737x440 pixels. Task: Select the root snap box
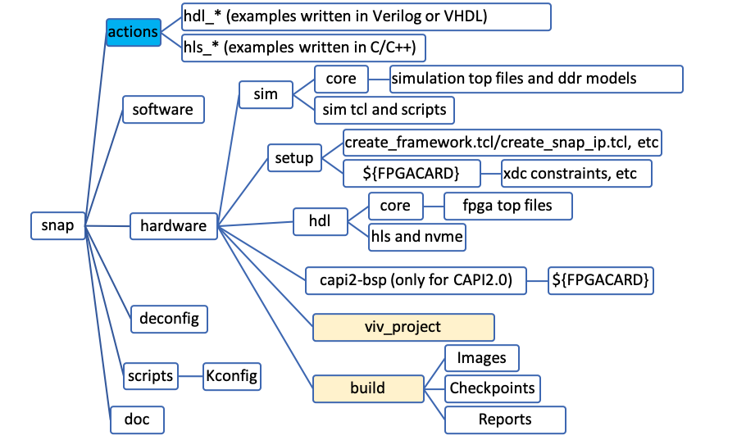pos(57,225)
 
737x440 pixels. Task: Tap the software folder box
pos(162,110)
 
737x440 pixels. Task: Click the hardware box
pos(174,225)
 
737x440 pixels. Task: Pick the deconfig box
pos(170,317)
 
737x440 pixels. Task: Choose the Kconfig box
pos(231,376)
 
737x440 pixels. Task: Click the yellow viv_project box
pos(403,327)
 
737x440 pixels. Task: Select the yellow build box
pos(367,387)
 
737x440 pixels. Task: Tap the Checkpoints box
pos(492,388)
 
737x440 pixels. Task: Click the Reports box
pos(505,419)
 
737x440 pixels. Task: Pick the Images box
pos(481,357)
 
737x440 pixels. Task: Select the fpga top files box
pos(507,205)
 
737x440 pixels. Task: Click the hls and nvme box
pos(417,236)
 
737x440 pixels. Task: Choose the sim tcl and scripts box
pos(384,109)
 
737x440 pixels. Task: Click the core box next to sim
pos(340,79)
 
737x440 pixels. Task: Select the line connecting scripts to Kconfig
pos(190,376)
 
